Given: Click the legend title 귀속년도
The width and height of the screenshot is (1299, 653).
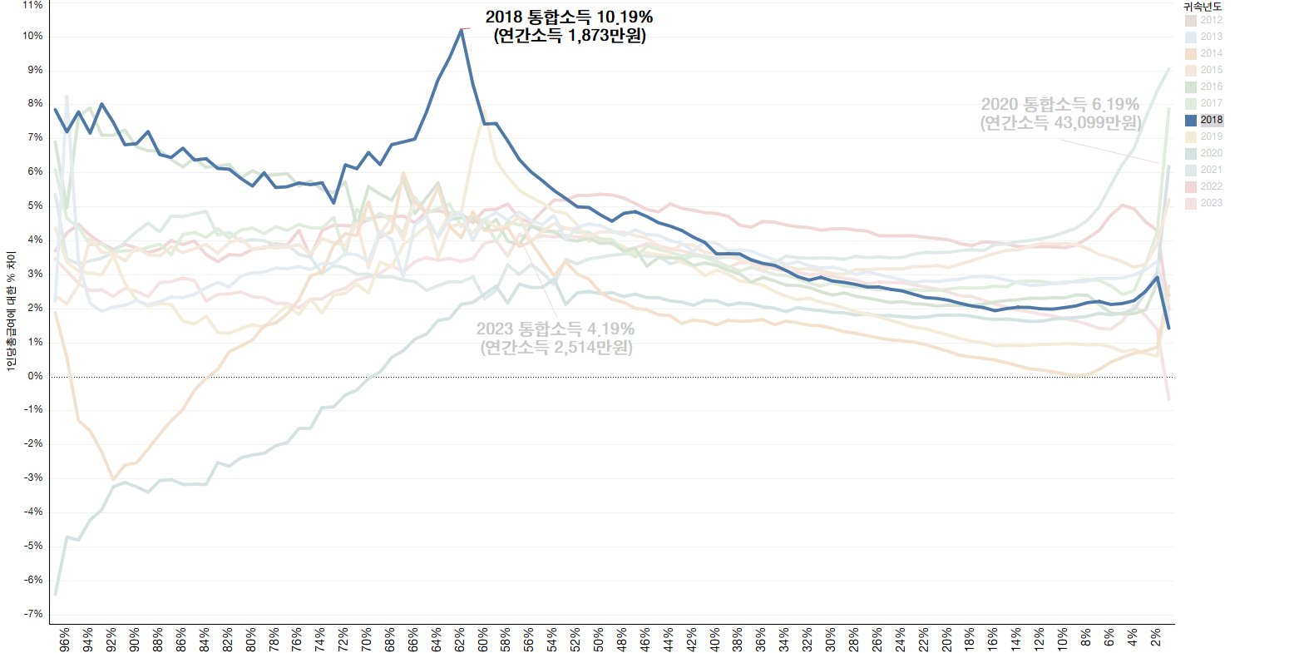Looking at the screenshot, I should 1203,7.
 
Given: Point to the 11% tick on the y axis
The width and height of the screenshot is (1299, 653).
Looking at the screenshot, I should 33,5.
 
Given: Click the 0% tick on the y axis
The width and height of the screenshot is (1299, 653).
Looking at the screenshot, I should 35,376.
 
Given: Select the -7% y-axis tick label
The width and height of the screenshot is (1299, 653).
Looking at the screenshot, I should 33,614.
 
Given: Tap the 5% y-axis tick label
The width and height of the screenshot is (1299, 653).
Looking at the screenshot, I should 35,205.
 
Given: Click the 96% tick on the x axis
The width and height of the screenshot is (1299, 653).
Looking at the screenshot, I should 65,639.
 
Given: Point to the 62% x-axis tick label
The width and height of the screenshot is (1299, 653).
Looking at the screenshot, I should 460,639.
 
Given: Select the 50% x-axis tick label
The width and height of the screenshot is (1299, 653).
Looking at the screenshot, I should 599,639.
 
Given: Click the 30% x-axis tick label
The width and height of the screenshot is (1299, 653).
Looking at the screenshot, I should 831,639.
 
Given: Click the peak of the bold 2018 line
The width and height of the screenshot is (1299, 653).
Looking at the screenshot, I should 462,30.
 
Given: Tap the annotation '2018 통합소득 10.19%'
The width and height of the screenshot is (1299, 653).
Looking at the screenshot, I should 569,17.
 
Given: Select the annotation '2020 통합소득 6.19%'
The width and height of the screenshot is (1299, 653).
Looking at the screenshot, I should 1059,105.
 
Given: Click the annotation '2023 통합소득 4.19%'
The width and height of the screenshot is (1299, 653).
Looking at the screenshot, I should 555,329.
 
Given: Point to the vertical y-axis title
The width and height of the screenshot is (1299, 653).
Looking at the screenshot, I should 11,313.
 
